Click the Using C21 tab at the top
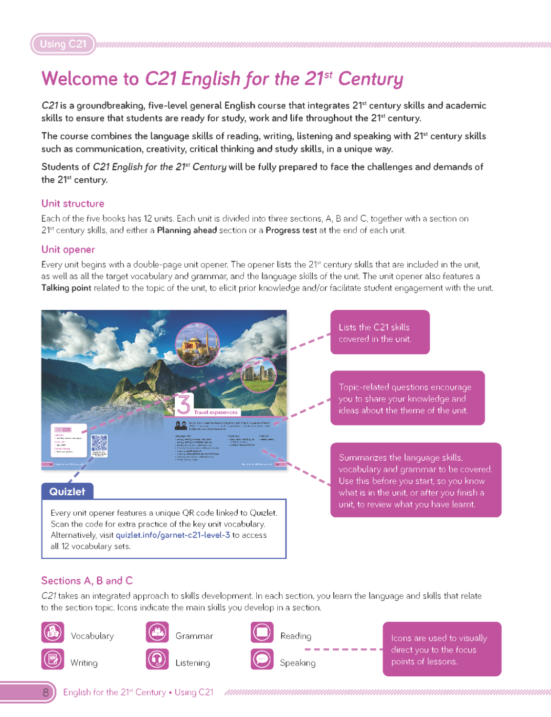click(63, 44)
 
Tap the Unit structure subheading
click(73, 204)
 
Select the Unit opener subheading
click(68, 250)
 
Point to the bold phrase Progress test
click(291, 230)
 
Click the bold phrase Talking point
click(66, 288)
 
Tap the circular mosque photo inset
click(197, 344)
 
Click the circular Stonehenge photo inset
click(258, 374)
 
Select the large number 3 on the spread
click(183, 404)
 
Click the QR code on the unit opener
click(99, 443)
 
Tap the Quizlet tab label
click(67, 491)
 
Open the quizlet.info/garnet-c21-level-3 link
click(173, 535)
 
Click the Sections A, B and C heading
click(87, 581)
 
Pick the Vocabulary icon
click(53, 632)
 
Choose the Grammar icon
click(157, 632)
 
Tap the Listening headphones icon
click(157, 659)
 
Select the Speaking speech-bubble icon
click(262, 659)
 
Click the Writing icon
click(53, 659)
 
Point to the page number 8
click(45, 692)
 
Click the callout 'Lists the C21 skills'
click(380, 333)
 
